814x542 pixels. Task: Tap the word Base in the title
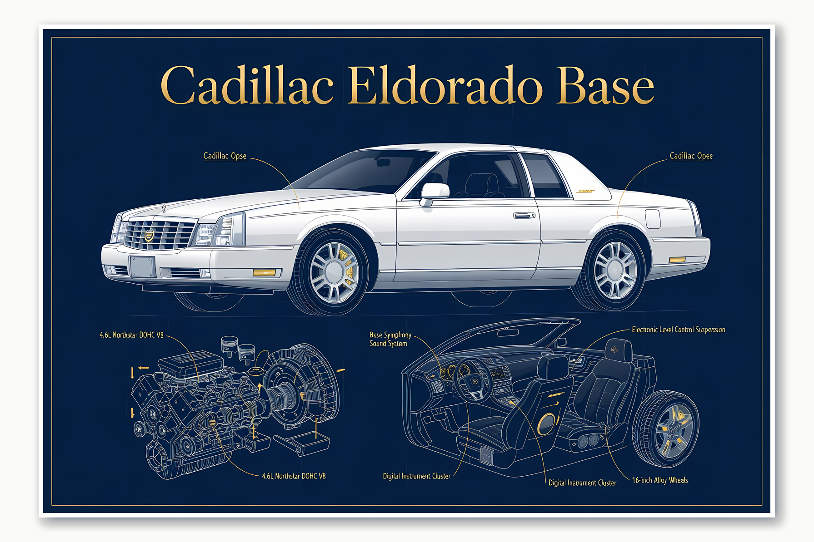(x=605, y=86)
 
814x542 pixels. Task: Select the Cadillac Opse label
(x=225, y=156)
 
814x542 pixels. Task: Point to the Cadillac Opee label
(x=691, y=156)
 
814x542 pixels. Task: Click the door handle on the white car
(x=524, y=215)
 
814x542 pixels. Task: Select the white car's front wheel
(x=334, y=272)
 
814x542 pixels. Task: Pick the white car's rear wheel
(x=615, y=271)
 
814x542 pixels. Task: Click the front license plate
(x=142, y=266)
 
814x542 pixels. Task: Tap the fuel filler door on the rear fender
(x=653, y=219)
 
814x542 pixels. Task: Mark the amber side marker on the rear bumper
(x=677, y=260)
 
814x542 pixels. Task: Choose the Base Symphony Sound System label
(x=390, y=339)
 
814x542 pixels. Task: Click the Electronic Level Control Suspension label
(x=678, y=330)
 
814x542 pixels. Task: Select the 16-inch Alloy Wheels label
(x=660, y=480)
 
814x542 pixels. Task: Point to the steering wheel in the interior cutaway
(x=473, y=379)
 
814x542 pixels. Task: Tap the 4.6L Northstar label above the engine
(x=131, y=335)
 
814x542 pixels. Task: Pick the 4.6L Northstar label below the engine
(x=294, y=476)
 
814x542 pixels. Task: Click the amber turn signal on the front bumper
(x=264, y=272)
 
